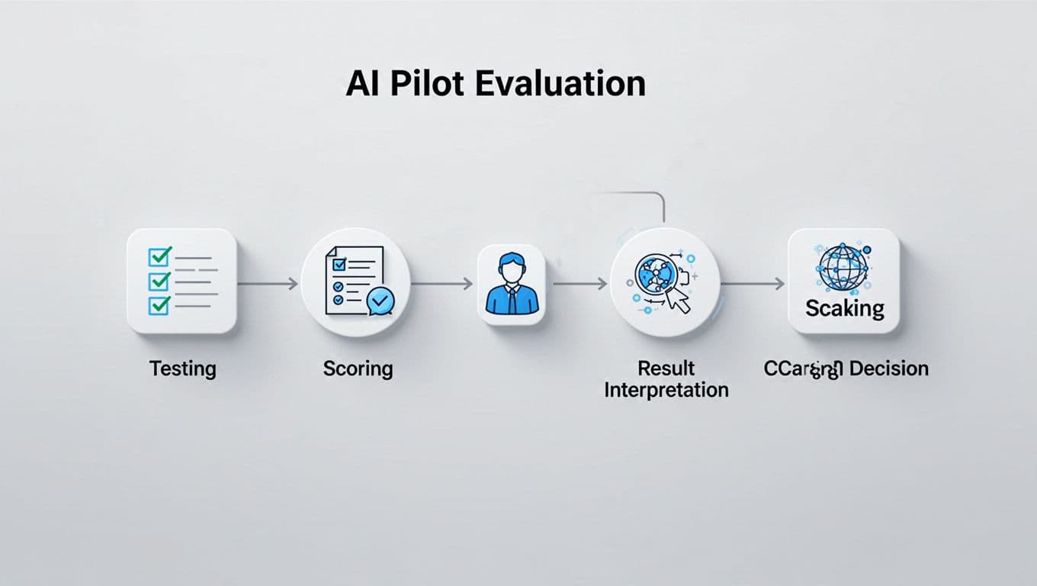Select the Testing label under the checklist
(x=183, y=369)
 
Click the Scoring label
(x=358, y=369)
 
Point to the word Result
(x=666, y=369)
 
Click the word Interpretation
(x=666, y=390)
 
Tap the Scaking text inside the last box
(x=845, y=308)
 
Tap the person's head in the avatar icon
(x=511, y=268)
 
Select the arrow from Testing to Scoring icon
(x=268, y=284)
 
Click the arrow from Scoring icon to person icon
(x=442, y=284)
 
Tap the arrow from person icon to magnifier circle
(x=579, y=284)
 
